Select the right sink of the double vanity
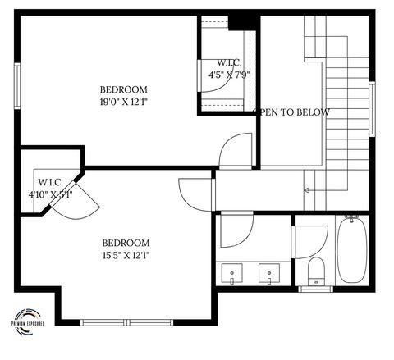pos(268,271)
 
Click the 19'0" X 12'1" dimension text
pos(124,103)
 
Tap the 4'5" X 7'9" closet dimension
pos(229,75)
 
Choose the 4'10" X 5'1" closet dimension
pos(50,194)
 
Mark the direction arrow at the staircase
pos(307,190)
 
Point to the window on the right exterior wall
pos(373,110)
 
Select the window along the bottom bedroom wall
pos(128,321)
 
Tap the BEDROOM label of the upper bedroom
pos(123,89)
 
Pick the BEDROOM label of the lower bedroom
pos(126,243)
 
